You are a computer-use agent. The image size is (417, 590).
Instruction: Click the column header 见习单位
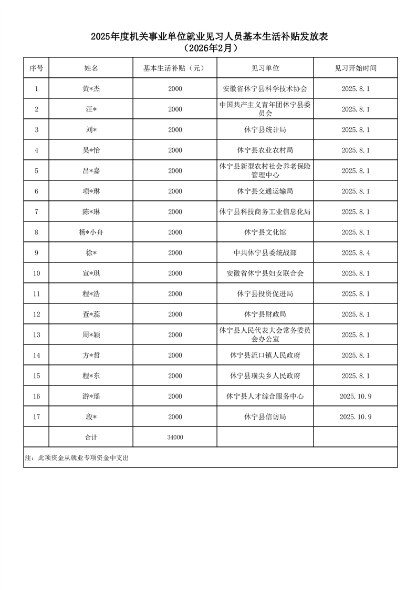[x=265, y=68]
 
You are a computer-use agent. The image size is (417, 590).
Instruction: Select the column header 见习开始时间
[x=356, y=68]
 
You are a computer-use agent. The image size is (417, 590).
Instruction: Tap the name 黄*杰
[x=91, y=89]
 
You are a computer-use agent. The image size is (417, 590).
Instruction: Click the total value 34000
[x=175, y=437]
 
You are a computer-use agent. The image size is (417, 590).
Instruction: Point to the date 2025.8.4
[x=356, y=253]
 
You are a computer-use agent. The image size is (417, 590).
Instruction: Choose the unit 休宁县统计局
[x=265, y=130]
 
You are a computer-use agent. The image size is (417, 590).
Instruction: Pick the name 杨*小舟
[x=91, y=232]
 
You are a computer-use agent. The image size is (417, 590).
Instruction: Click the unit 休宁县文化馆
[x=265, y=232]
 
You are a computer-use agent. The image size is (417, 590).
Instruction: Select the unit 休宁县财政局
[x=265, y=314]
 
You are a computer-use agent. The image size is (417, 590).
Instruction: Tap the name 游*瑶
[x=91, y=396]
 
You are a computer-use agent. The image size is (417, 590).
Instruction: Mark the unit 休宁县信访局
[x=265, y=417]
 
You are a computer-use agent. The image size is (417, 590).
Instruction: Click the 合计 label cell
[x=91, y=437]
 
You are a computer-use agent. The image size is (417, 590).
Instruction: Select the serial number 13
[x=36, y=335]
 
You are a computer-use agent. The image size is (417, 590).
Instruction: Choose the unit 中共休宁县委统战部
[x=265, y=253]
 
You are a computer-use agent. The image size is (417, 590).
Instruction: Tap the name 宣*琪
[x=91, y=273]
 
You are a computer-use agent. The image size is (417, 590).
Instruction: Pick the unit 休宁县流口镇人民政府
[x=265, y=355]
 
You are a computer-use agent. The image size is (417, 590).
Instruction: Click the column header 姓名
[x=91, y=68]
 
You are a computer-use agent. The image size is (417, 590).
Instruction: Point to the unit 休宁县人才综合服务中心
[x=265, y=396]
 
